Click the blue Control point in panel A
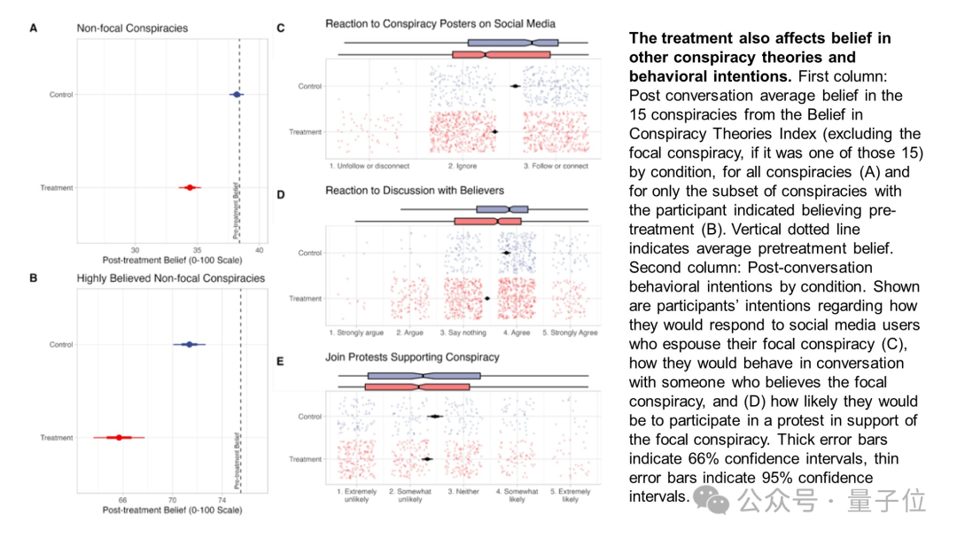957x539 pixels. (x=236, y=94)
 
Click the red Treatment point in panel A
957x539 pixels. (x=190, y=187)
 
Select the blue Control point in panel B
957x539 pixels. (x=188, y=344)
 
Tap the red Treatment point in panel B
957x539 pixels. (x=119, y=437)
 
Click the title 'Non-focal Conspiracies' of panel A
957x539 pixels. (x=132, y=28)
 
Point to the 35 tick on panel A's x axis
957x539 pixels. (x=198, y=250)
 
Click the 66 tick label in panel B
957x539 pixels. (x=122, y=500)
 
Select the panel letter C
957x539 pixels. (x=281, y=28)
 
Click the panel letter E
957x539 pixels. (x=281, y=361)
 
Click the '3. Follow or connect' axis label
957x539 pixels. (x=556, y=166)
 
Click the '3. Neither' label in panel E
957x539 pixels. (x=463, y=490)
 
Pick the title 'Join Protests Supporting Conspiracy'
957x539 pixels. (x=412, y=357)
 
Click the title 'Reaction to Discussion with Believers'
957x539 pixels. (x=416, y=191)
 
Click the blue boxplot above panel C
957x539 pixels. (x=512, y=42)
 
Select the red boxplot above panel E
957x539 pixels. (x=416, y=387)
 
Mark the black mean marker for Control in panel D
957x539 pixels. (x=506, y=253)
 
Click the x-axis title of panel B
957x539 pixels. (x=172, y=511)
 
